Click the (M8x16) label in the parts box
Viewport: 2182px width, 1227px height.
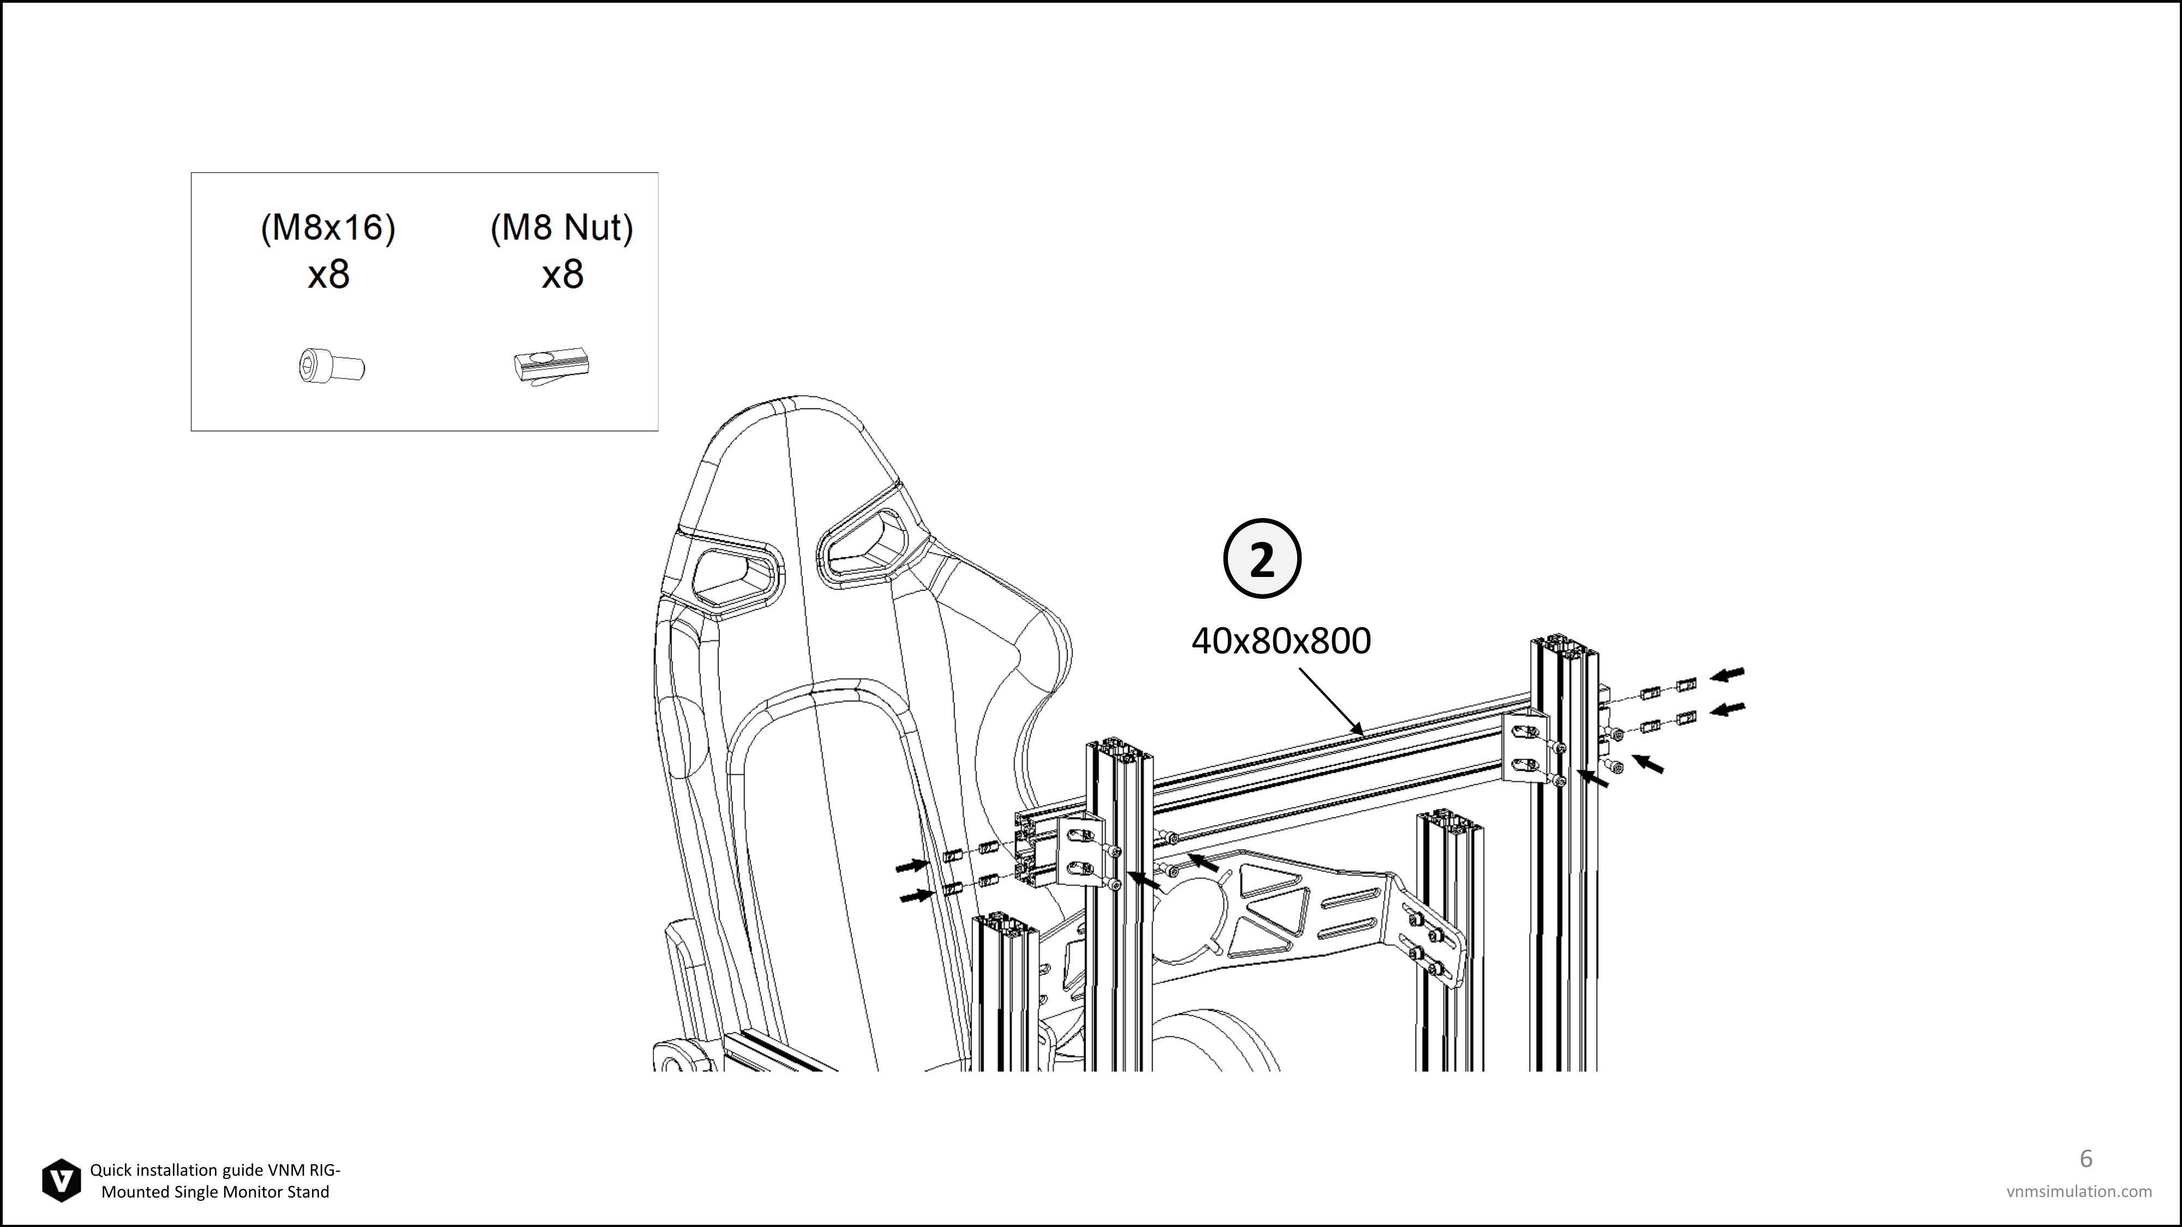(x=328, y=228)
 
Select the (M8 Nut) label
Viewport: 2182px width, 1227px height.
(x=562, y=228)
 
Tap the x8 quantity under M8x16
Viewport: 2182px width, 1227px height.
(x=328, y=274)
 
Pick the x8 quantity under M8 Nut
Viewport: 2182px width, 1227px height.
(x=562, y=274)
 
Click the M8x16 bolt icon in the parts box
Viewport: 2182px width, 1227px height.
(x=332, y=366)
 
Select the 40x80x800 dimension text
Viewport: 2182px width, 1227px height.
(x=1281, y=641)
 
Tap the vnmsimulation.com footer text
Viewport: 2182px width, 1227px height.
(x=2079, y=1192)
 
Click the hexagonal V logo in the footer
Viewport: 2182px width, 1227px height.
(x=62, y=1181)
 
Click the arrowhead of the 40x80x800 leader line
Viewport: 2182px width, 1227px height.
(x=1359, y=730)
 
